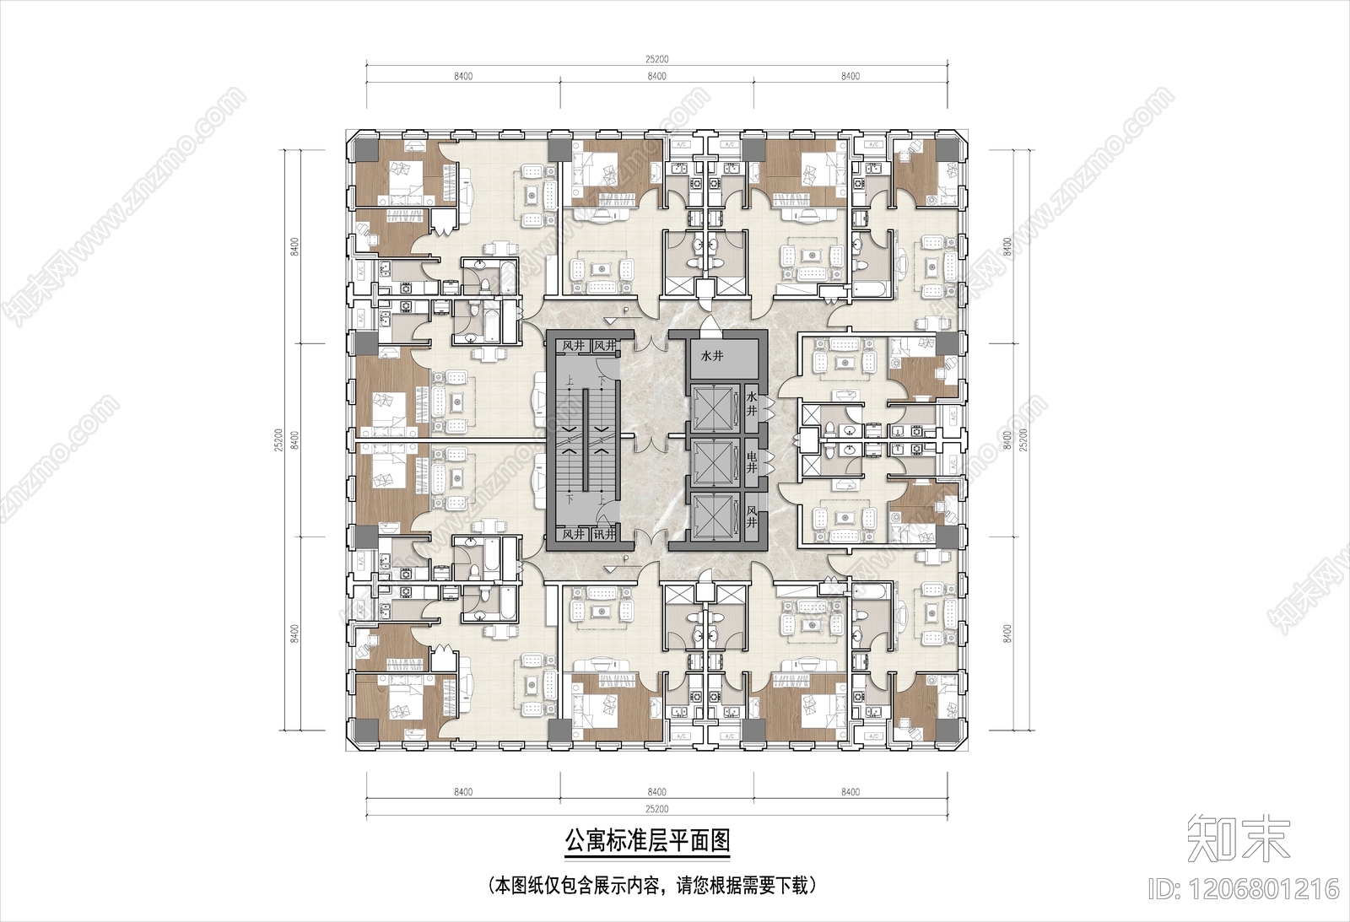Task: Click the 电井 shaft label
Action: coord(752,462)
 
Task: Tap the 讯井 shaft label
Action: coord(603,534)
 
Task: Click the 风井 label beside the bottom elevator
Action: coord(752,516)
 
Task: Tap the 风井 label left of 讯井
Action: coord(574,534)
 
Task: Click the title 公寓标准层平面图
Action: coord(646,842)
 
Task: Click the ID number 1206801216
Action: coord(1245,888)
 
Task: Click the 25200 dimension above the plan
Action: coord(656,58)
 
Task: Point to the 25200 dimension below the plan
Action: coord(656,809)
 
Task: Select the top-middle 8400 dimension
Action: coord(656,76)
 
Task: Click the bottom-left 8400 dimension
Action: coord(462,791)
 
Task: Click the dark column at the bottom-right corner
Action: coord(948,731)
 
